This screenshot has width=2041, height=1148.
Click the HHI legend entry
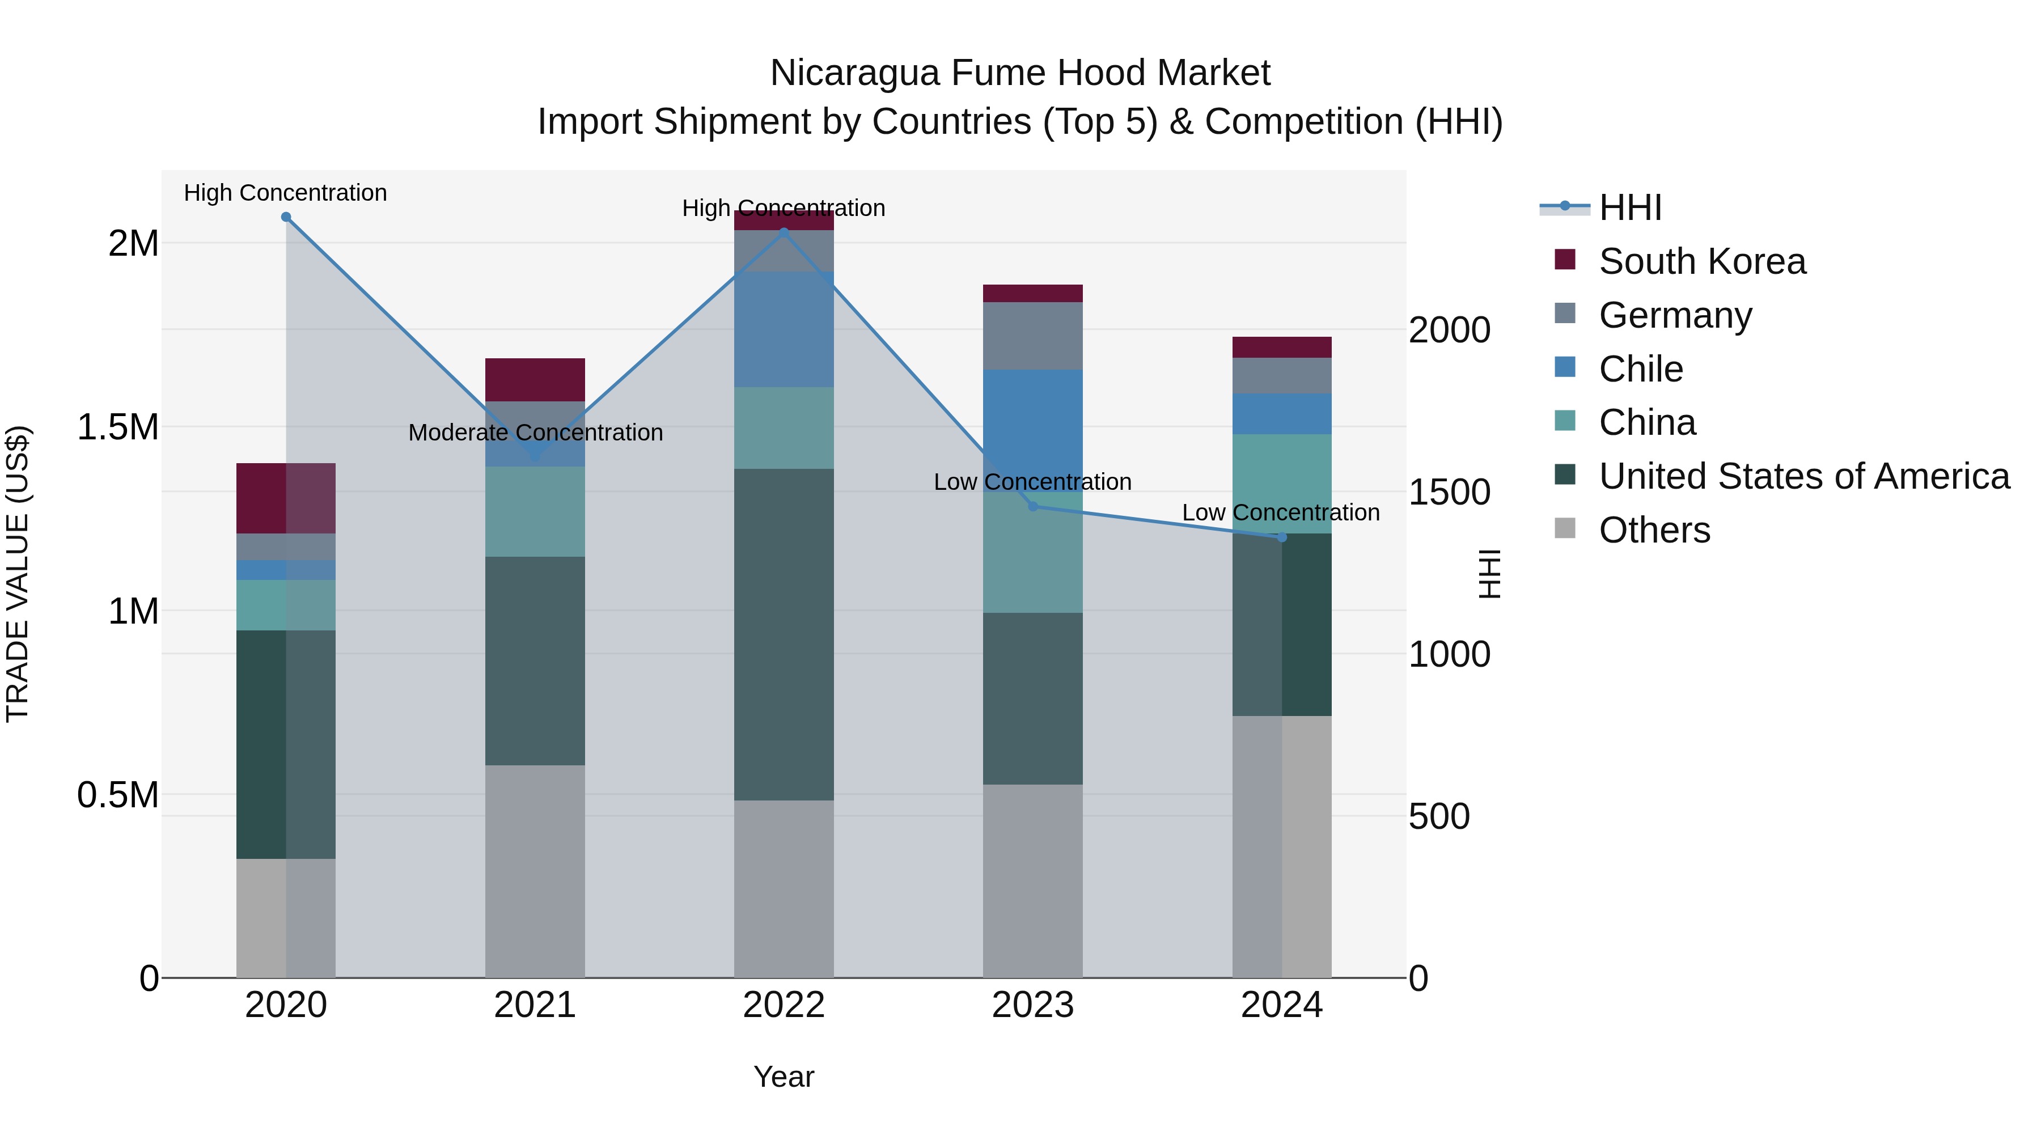coord(1630,207)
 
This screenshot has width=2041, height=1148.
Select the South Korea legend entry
coord(1702,261)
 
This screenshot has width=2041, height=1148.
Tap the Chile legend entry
coord(1640,369)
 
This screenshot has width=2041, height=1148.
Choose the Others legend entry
coord(1654,530)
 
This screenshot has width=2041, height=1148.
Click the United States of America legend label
coord(1804,476)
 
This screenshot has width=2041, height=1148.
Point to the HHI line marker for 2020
coord(286,217)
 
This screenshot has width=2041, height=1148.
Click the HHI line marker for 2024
coord(1282,537)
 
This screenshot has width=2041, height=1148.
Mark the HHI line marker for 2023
coord(1032,506)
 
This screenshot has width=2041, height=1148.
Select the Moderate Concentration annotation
coord(536,433)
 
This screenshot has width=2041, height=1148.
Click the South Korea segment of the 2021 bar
coord(535,380)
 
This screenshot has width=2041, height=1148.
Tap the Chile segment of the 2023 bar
coord(1032,428)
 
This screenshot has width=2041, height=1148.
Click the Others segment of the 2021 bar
coord(535,871)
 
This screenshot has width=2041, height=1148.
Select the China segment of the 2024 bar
coord(1282,483)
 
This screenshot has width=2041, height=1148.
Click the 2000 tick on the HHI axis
coord(1449,331)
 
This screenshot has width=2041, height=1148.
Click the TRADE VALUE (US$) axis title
coord(18,574)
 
